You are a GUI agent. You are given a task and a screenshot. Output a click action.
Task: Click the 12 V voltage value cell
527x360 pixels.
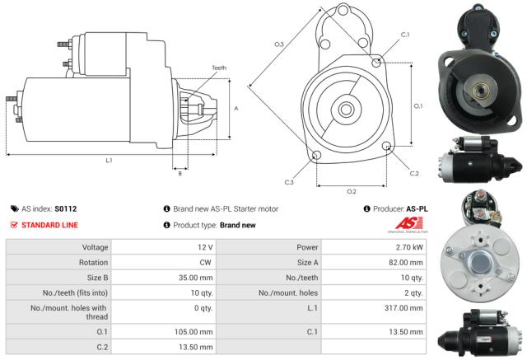click(x=205, y=247)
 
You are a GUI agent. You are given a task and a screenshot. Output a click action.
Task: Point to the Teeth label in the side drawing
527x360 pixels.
click(x=218, y=68)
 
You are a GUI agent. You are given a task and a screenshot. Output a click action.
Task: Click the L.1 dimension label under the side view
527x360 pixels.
click(x=109, y=161)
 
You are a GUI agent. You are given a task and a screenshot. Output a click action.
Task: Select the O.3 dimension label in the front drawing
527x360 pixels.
click(x=279, y=44)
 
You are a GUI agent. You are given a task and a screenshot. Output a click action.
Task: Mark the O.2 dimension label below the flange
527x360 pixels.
click(x=352, y=192)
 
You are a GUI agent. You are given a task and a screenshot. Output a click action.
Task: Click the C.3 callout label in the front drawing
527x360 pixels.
click(x=290, y=181)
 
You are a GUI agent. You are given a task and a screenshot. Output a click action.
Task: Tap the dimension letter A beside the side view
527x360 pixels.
click(x=236, y=108)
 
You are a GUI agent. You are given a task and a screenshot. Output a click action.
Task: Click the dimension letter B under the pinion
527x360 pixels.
click(x=180, y=172)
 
